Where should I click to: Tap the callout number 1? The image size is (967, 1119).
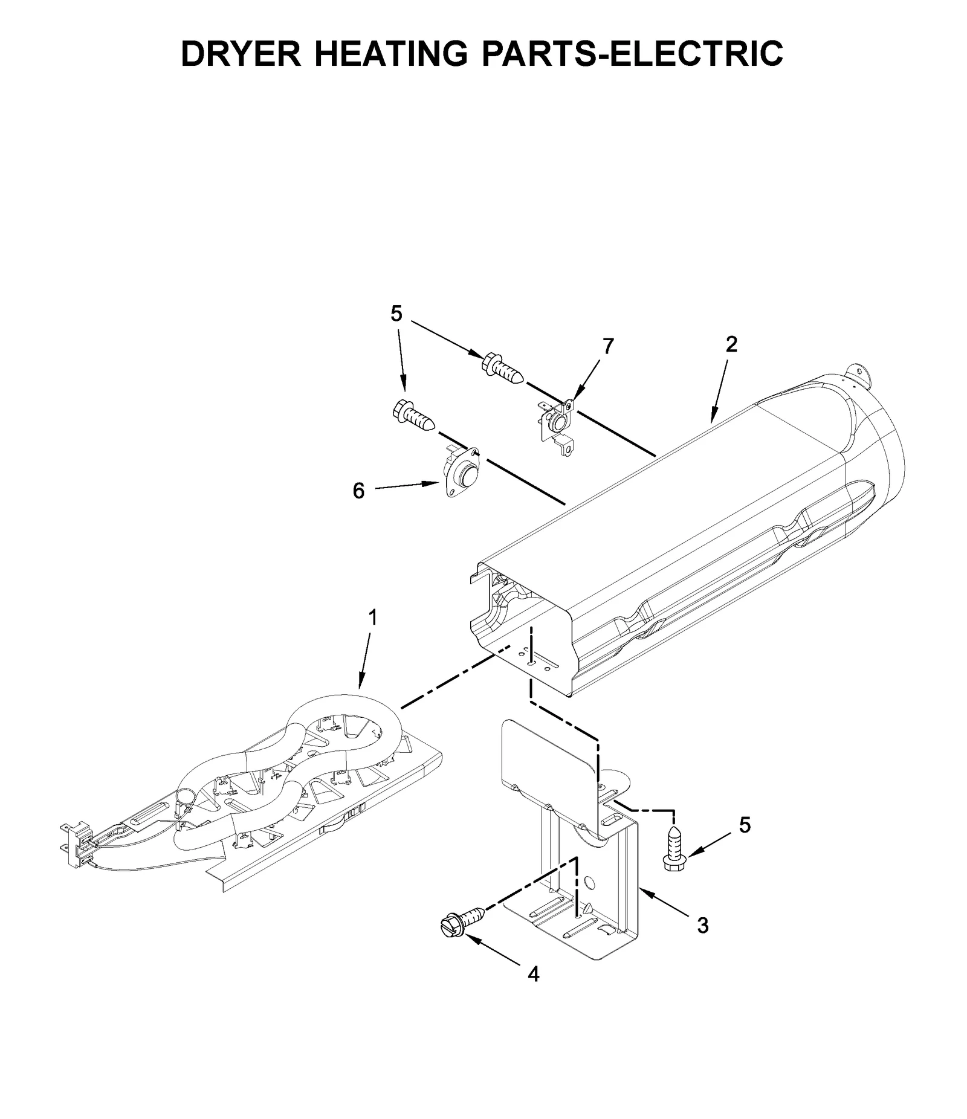[373, 617]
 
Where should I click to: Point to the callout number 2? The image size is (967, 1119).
[731, 344]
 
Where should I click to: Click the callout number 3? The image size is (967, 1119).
[702, 925]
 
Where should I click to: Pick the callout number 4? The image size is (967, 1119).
[533, 974]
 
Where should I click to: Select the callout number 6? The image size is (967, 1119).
[358, 491]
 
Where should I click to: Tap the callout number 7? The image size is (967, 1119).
[608, 346]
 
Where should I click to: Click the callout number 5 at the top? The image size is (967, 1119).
[396, 314]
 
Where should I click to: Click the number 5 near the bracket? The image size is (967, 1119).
[745, 825]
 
